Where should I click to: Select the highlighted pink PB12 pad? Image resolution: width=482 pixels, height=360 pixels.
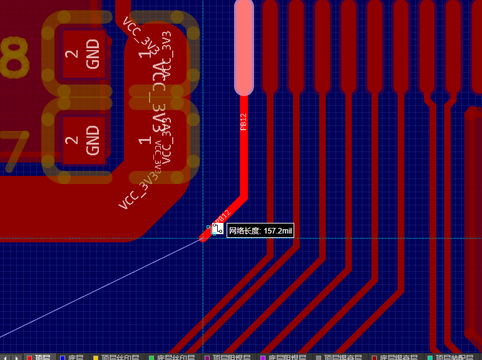pyautogui.click(x=244, y=47)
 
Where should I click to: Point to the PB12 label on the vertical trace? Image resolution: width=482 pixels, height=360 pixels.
pyautogui.click(x=244, y=121)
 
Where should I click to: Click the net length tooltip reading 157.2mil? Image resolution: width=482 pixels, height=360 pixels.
pyautogui.click(x=260, y=232)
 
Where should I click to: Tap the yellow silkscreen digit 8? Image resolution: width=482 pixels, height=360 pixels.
pyautogui.click(x=14, y=56)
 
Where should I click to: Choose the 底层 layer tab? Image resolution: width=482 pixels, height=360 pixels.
pyautogui.click(x=75, y=357)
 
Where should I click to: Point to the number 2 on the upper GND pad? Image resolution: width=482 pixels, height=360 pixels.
pyautogui.click(x=73, y=54)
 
